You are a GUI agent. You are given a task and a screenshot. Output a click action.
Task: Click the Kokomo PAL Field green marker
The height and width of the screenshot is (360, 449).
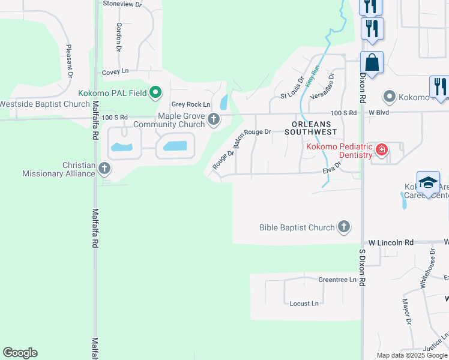tap(155, 92)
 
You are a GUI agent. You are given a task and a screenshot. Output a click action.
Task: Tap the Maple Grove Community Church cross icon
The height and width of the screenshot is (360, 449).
tap(213, 120)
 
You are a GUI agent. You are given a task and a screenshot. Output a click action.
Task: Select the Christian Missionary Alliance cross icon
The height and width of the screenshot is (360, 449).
tap(104, 168)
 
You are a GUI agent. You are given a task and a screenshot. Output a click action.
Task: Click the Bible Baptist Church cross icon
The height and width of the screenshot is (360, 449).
tap(343, 227)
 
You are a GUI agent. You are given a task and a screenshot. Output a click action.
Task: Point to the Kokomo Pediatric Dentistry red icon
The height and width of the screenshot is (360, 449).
tap(381, 150)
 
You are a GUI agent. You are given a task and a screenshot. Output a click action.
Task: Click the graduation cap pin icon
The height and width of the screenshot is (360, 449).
tap(428, 183)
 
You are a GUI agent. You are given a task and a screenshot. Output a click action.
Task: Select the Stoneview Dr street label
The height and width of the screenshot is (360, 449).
tap(122, 4)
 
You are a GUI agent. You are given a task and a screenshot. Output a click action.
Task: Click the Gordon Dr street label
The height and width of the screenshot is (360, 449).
tap(119, 37)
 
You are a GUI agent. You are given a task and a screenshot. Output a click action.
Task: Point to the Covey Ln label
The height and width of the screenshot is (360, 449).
tap(116, 71)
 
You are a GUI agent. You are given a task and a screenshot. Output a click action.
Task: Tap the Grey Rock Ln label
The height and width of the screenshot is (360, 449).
tap(191, 104)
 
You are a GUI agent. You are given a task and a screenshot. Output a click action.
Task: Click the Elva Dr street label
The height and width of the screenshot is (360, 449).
tap(331, 171)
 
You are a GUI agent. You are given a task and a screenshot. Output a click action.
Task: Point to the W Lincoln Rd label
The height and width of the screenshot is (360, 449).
tap(391, 242)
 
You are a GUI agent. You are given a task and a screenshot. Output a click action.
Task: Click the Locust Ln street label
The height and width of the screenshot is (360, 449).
tap(304, 304)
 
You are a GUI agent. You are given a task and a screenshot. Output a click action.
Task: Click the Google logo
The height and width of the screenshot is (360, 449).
tap(20, 353)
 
